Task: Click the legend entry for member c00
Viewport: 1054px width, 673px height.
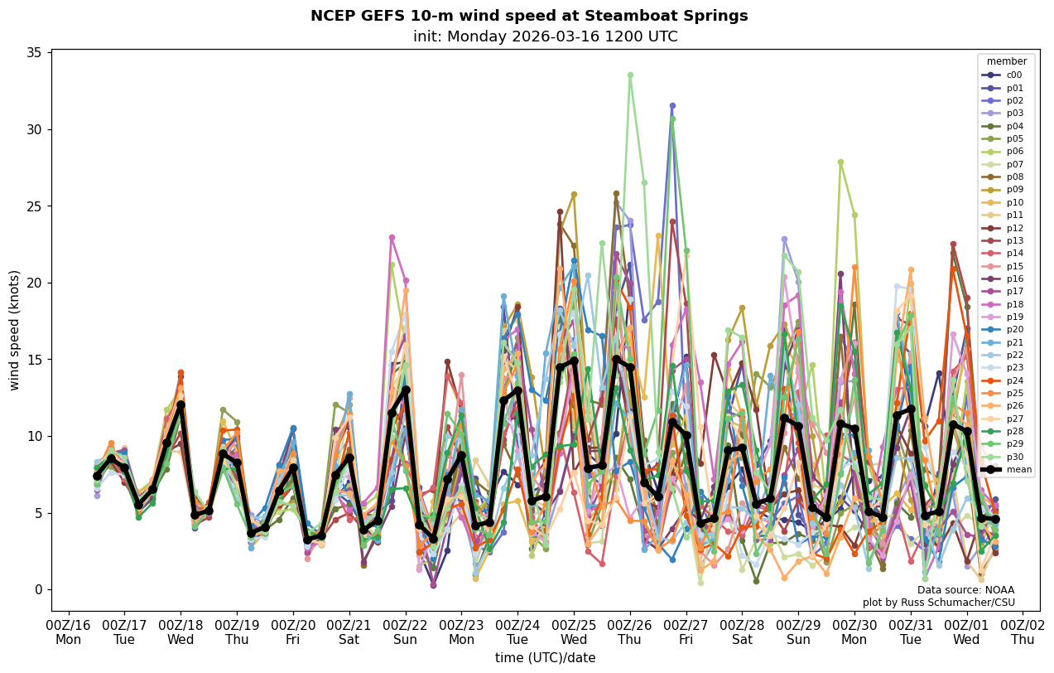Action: (x=1013, y=75)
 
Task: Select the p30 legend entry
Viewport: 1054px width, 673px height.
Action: (x=1013, y=457)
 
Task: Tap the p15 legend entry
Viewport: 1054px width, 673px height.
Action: (x=1013, y=266)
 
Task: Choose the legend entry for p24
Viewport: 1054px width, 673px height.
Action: (x=1013, y=380)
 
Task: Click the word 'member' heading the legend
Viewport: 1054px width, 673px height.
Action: (x=1007, y=61)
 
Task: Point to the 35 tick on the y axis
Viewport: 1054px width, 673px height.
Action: (x=34, y=53)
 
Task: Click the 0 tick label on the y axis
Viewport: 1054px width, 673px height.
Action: (x=38, y=590)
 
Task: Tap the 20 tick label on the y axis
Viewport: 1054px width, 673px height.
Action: (x=34, y=283)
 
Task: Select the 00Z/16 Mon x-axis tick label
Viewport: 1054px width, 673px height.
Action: (x=69, y=632)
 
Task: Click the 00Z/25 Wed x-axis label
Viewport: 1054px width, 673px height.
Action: (x=574, y=632)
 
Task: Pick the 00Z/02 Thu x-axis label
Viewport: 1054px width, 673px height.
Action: (x=1023, y=632)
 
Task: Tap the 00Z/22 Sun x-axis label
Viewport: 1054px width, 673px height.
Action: (x=406, y=632)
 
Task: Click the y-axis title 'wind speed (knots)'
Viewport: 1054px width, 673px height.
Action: (x=15, y=330)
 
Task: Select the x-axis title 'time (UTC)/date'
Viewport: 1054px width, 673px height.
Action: (x=545, y=658)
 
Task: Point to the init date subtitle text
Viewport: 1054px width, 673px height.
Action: (x=545, y=36)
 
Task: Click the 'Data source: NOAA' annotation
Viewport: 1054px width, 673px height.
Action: (x=965, y=590)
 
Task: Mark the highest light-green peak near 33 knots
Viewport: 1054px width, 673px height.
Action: (x=630, y=75)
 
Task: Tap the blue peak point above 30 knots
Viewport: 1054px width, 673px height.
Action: (x=672, y=106)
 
